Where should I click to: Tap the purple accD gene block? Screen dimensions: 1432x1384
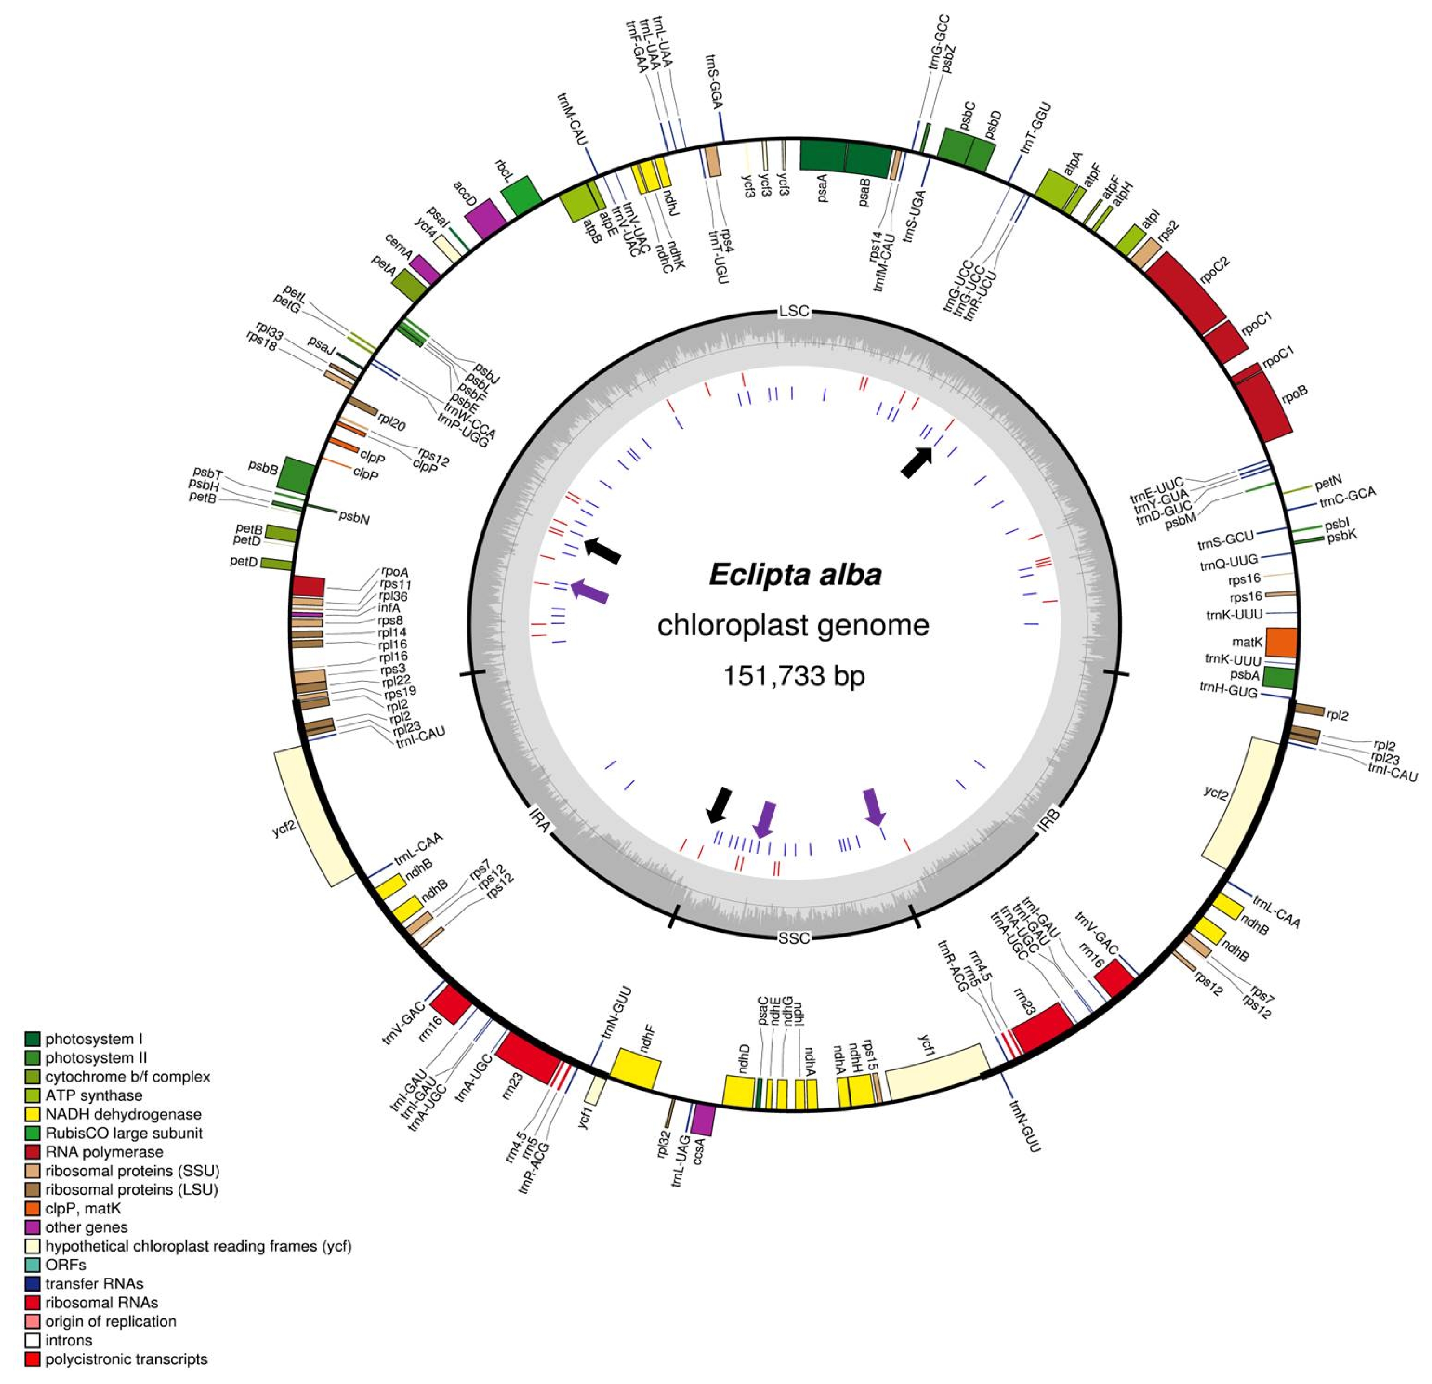point(485,219)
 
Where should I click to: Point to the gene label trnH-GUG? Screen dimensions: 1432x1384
point(1228,689)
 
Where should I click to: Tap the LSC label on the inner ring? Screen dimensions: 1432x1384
point(794,311)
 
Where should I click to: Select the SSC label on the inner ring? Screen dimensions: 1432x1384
point(794,937)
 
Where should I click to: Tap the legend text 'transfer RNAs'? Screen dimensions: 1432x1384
point(94,1284)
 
